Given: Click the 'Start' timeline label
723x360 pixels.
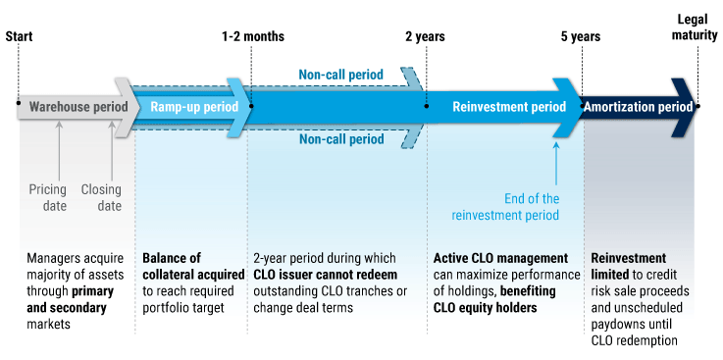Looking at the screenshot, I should (20, 36).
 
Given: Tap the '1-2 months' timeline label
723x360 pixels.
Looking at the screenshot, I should (253, 36).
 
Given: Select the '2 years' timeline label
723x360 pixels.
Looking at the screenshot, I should (425, 36).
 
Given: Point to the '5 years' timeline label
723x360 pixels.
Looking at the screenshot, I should (581, 36).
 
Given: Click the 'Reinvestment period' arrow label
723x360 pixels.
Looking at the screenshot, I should (508, 107).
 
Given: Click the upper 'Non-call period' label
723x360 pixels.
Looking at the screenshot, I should (340, 74).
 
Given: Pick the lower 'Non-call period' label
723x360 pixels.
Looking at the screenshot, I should (340, 139).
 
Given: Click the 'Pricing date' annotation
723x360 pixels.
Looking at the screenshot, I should (47, 197).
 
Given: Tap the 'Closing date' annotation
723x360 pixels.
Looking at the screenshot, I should (101, 197).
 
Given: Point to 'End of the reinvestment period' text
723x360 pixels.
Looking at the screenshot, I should (505, 206).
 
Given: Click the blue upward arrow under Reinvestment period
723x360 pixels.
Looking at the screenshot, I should (556, 162).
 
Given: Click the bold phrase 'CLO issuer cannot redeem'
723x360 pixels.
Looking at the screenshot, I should (325, 274).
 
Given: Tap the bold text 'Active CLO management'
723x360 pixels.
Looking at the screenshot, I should (500, 258).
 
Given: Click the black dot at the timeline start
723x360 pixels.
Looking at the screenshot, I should (19, 101).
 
